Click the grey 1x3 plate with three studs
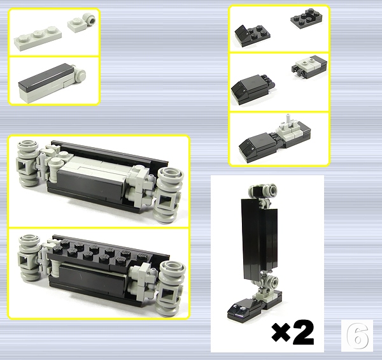coord(38,38)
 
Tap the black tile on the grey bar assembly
coord(46,76)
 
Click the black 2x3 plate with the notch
coord(306,18)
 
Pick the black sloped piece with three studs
coord(252,36)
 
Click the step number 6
coord(357,336)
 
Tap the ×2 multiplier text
coord(293,332)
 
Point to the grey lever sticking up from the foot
coord(288,120)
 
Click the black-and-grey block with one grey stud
coord(309,66)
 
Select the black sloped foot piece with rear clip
coord(253,89)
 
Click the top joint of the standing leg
coord(263,191)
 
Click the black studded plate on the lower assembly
coord(97,254)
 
